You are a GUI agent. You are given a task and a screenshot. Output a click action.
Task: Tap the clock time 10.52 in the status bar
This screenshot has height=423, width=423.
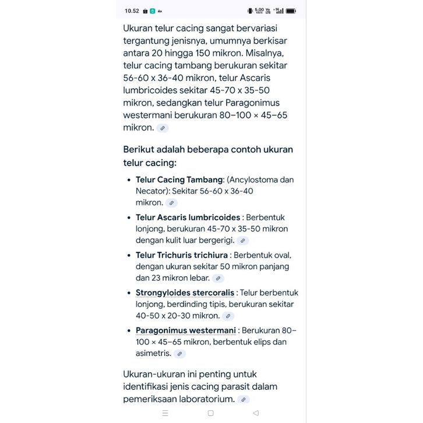[x=132, y=10]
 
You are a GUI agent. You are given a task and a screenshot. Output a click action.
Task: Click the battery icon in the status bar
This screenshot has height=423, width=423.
[x=291, y=10]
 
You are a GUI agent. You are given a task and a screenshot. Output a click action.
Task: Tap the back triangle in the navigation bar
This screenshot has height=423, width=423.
[x=256, y=413]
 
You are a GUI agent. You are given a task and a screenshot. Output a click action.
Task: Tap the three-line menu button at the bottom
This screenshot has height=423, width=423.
[x=165, y=413]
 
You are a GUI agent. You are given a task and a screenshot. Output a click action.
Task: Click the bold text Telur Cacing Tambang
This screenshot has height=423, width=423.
[x=179, y=179]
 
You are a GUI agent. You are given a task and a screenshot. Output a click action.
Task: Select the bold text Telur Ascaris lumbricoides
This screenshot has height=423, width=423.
[x=188, y=217]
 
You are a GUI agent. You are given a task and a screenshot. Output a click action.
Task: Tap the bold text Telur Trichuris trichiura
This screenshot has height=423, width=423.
[x=181, y=255]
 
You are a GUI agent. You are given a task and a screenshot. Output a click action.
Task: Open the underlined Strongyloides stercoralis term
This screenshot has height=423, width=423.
[x=185, y=292]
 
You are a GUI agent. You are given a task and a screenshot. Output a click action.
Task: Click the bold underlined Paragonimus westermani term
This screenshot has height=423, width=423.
[x=185, y=330]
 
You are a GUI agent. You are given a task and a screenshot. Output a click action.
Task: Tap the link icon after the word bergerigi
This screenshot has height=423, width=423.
[x=243, y=241]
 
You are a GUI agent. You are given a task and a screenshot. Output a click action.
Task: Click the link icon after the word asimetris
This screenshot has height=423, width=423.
[x=180, y=354]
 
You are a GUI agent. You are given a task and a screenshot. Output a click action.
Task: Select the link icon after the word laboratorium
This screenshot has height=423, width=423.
[x=244, y=400]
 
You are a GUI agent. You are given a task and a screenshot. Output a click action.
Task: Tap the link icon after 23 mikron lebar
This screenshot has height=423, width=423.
[x=218, y=279]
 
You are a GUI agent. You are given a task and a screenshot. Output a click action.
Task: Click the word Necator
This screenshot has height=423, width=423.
[x=152, y=191]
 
